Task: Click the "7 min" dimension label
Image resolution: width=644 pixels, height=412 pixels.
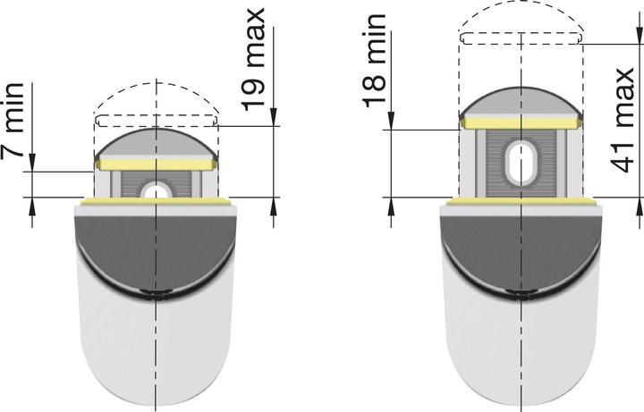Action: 13,135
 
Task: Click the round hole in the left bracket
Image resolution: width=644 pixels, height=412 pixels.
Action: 156,190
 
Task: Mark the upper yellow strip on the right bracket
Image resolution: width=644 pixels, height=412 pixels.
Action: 520,122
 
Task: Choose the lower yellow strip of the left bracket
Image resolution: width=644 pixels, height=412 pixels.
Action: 156,203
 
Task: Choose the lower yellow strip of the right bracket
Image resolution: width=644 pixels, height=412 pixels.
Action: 520,203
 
